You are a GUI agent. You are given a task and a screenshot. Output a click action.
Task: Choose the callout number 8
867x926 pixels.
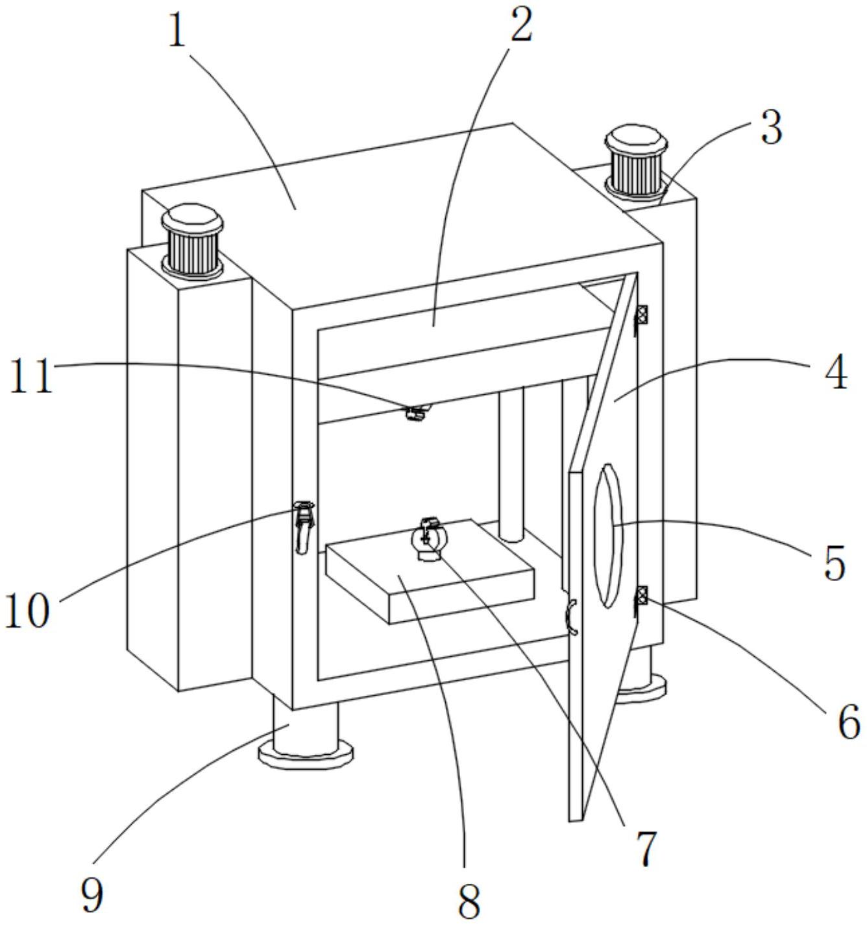pyautogui.click(x=469, y=901)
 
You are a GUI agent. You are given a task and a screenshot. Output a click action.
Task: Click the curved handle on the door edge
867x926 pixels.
pyautogui.click(x=571, y=617)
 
